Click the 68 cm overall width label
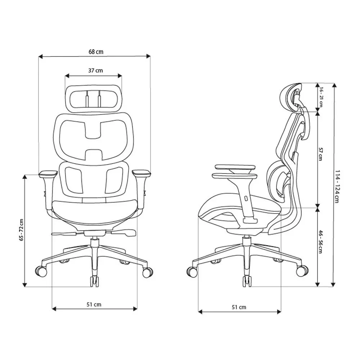point(96,52)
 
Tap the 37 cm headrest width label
point(95,71)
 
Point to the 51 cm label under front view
point(94,305)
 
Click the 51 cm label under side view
point(239,307)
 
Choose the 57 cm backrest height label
point(320,158)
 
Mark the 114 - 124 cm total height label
point(337,186)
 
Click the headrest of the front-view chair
point(93,97)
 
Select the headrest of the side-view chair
point(290,95)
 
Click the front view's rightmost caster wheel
point(148,273)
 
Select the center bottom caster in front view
point(94,281)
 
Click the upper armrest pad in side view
point(235,167)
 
